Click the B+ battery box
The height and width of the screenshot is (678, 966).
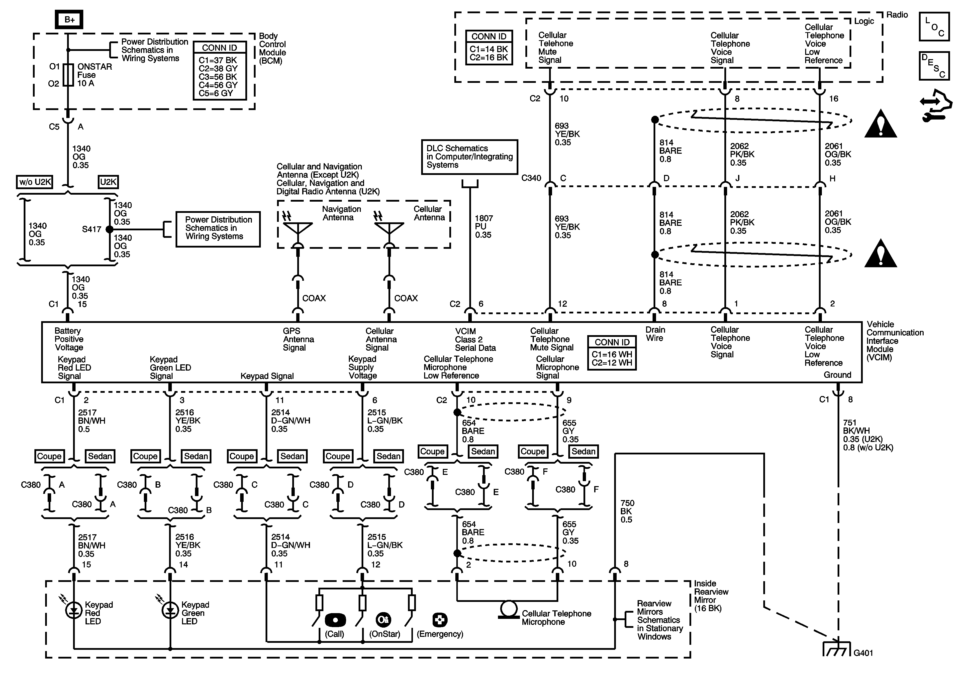click(69, 19)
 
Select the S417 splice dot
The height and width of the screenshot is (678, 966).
click(109, 230)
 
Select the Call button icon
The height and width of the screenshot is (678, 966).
click(335, 620)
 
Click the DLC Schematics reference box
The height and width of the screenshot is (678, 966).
click(470, 157)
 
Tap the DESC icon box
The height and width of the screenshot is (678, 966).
click(934, 66)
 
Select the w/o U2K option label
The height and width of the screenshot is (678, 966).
click(34, 182)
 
